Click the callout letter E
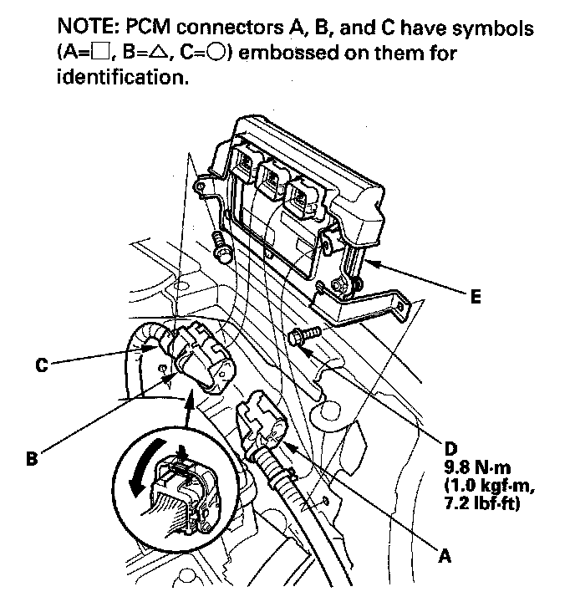point(476,297)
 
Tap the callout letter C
point(39,365)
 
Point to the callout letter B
point(31,458)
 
